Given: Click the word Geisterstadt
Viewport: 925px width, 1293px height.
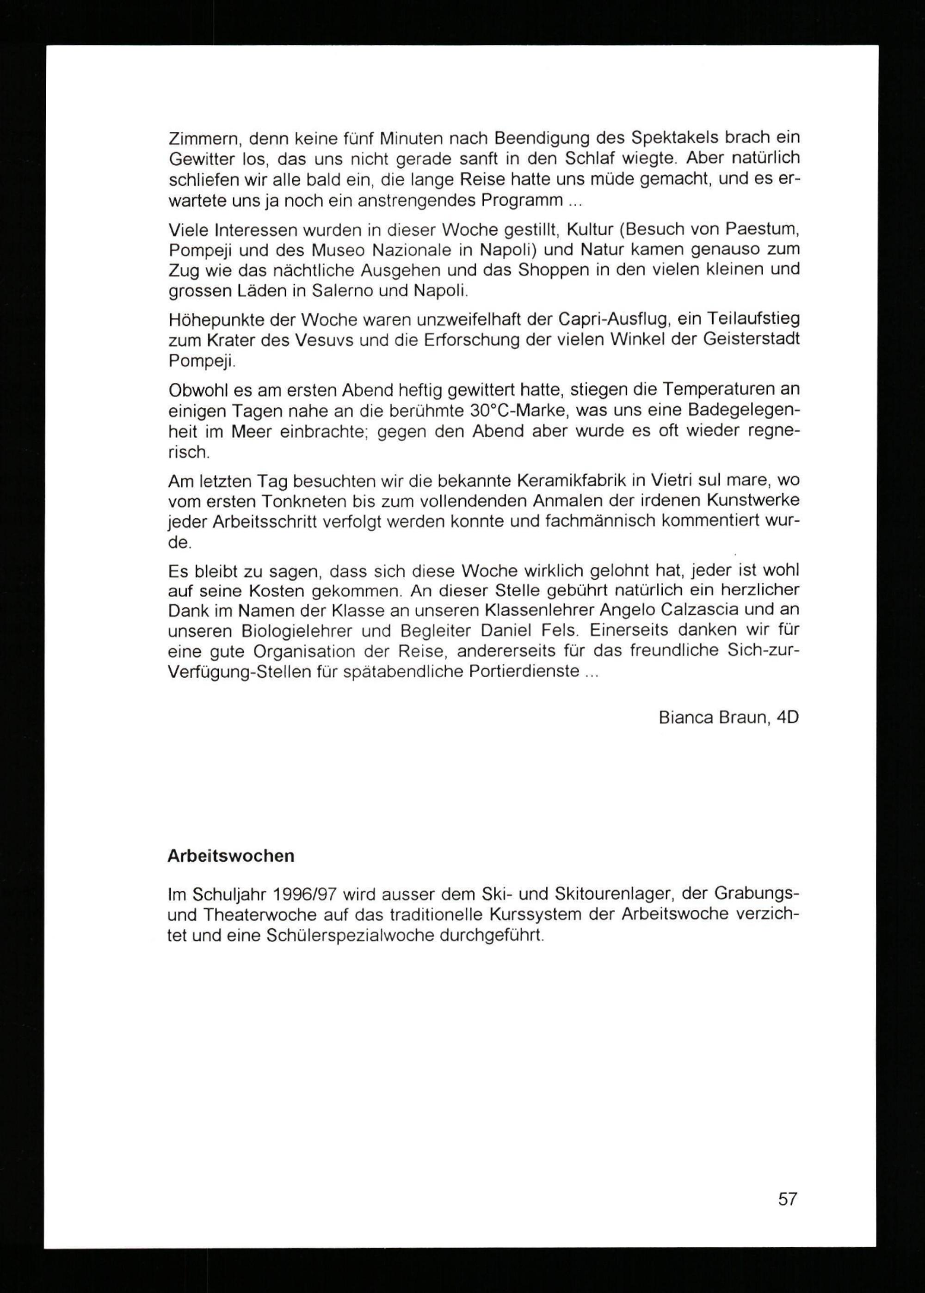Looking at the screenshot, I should tap(751, 339).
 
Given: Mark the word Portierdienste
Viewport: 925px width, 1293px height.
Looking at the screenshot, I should tap(524, 671).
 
